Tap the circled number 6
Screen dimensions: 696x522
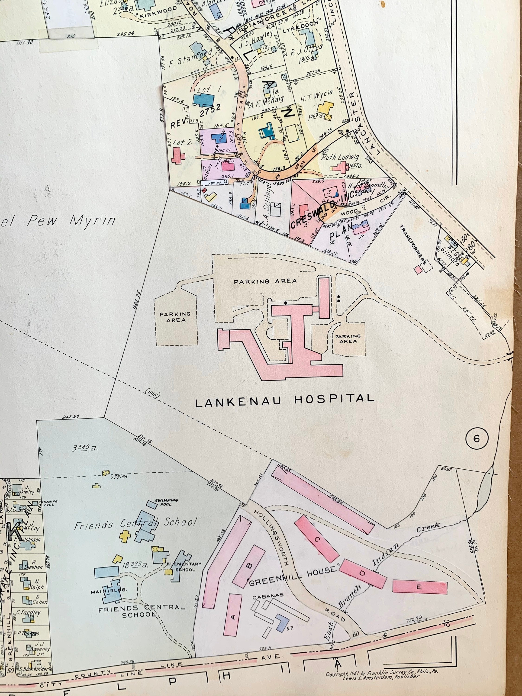476,438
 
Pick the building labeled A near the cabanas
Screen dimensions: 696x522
233,618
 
